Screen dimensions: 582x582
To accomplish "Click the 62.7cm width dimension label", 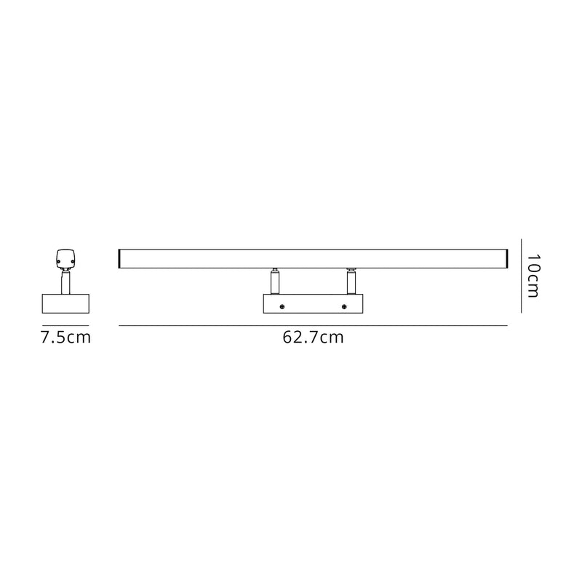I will (x=312, y=338).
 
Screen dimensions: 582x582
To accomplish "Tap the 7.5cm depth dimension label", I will (x=65, y=338).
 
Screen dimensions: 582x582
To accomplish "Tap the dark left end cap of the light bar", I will (x=119, y=258).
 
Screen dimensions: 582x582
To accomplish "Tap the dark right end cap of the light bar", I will (x=506, y=258).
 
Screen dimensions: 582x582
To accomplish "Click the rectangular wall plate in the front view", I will (x=314, y=304).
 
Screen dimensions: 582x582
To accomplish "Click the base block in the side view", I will (x=65, y=304).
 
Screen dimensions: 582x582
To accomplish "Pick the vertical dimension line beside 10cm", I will (x=522, y=276).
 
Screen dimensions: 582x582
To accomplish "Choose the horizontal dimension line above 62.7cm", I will (x=312, y=324).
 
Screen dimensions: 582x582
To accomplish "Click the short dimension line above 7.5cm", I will (x=65, y=324).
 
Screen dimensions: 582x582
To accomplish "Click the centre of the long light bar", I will (x=312, y=258).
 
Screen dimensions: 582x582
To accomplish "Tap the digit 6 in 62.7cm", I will (x=288, y=338).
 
